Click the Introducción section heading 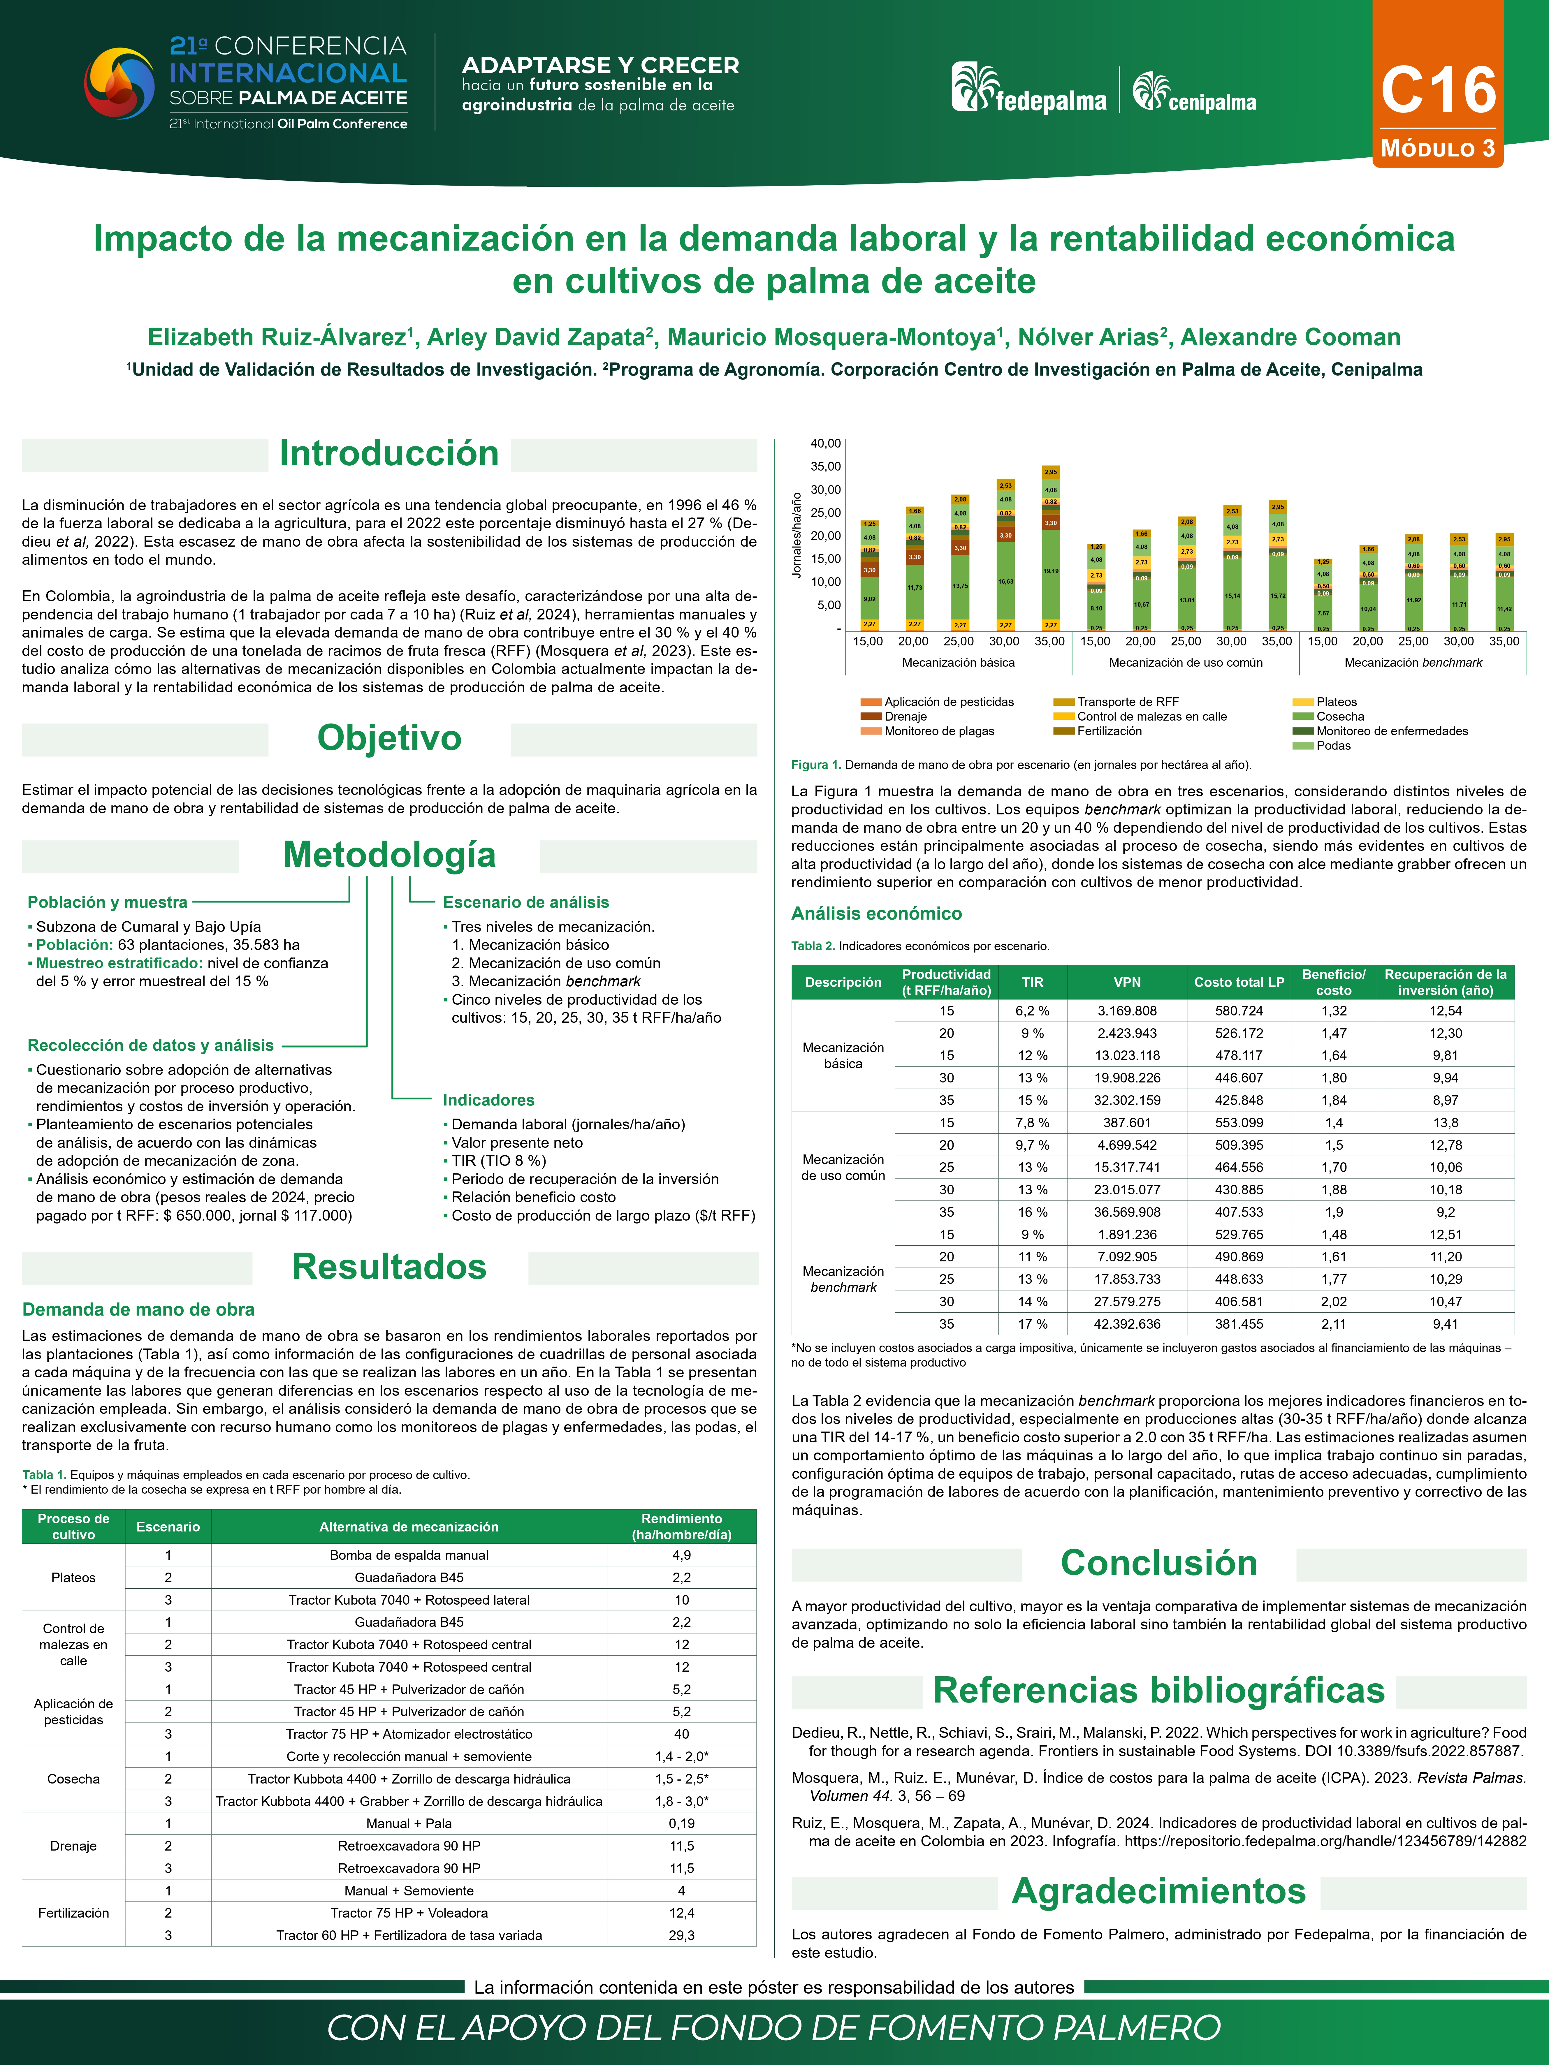[x=389, y=454]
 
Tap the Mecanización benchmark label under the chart [x=1413, y=663]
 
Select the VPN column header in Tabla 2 [x=1127, y=982]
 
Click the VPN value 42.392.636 [x=1127, y=1324]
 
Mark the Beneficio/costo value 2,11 [x=1333, y=1324]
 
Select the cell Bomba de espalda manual [x=409, y=1555]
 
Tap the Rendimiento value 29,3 [x=682, y=1935]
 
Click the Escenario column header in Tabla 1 [x=168, y=1526]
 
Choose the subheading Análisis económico [x=876, y=914]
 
